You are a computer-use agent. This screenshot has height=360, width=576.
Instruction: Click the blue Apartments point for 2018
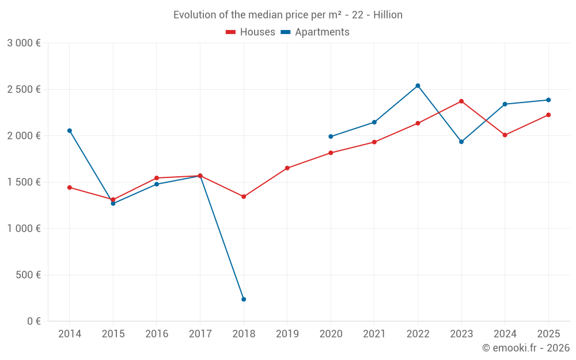(244, 300)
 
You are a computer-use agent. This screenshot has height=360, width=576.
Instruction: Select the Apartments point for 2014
(70, 131)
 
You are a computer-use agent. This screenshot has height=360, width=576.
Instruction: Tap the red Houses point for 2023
(461, 101)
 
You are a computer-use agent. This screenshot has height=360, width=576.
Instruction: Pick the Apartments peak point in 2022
(418, 86)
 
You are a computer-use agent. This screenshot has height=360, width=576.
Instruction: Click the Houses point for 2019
(287, 168)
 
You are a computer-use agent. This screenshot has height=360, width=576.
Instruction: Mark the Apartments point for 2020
(331, 137)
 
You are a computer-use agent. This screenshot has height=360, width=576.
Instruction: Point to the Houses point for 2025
(548, 115)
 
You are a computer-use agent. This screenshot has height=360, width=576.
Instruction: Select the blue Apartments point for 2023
(461, 142)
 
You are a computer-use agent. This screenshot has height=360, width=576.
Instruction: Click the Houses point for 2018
(244, 197)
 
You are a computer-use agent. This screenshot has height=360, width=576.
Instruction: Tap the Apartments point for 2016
(157, 184)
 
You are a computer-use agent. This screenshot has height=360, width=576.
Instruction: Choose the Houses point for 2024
(505, 135)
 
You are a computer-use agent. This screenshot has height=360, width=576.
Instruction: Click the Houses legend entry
(251, 32)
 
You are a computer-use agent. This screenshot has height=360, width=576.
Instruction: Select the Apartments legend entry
(315, 32)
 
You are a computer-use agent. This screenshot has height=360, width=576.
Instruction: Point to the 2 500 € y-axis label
(24, 89)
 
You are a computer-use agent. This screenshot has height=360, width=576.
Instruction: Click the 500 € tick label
(28, 275)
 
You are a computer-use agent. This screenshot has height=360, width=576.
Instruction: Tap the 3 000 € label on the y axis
(24, 43)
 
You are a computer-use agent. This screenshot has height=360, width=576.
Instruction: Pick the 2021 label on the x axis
(374, 334)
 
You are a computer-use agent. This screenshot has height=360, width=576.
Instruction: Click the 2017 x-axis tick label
(200, 334)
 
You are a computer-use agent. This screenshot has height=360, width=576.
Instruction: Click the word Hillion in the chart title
(388, 15)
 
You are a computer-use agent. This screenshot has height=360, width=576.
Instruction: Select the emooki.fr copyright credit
(525, 348)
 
